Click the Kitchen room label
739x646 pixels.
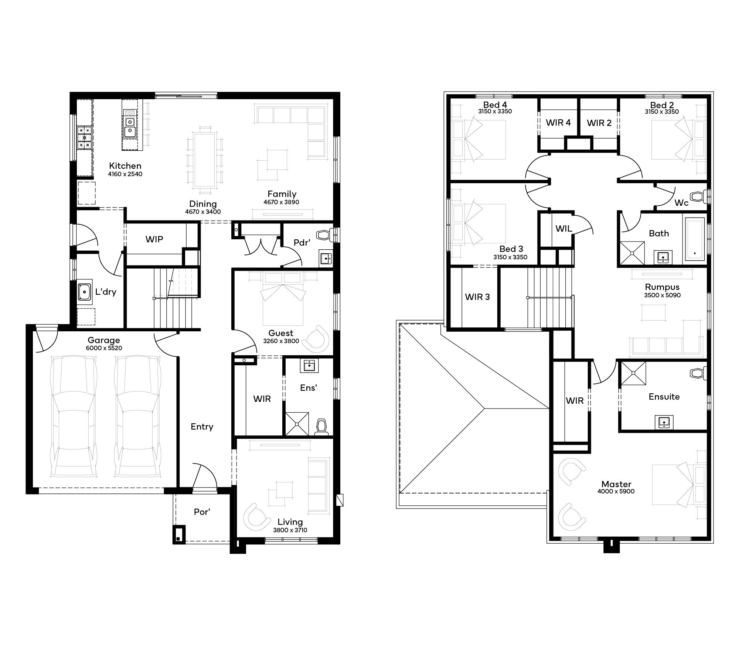(125, 166)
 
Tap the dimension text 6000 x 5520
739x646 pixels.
(104, 348)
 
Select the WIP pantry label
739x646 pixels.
(154, 239)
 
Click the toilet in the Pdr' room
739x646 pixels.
(325, 235)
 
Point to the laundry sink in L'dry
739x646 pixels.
(85, 292)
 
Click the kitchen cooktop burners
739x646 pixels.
(84, 137)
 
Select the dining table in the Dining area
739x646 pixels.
(205, 160)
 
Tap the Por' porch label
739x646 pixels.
(202, 512)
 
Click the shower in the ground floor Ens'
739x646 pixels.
(297, 424)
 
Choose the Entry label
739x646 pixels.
(202, 427)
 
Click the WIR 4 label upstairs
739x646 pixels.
(558, 123)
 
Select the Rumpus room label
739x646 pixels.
(662, 287)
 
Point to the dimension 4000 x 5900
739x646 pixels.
(616, 491)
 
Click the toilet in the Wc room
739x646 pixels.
(698, 196)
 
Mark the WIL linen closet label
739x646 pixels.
(563, 229)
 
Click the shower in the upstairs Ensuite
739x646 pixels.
(633, 373)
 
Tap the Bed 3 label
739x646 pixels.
(511, 249)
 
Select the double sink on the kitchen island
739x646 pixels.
(130, 126)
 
